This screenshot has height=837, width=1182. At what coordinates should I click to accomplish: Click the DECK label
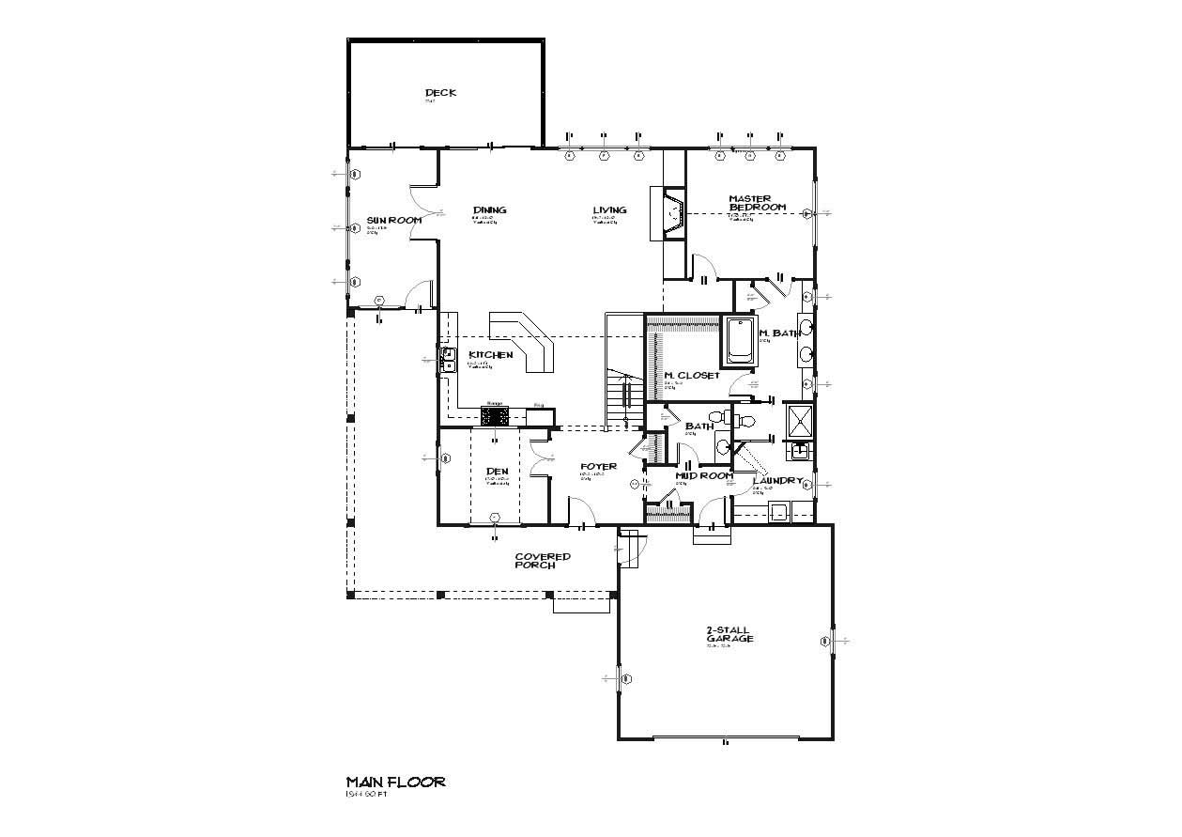[x=440, y=92]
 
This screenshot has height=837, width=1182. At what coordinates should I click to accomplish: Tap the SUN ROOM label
[x=393, y=220]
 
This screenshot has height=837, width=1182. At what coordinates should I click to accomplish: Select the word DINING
[x=490, y=209]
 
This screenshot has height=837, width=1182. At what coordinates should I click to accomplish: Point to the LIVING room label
[x=609, y=209]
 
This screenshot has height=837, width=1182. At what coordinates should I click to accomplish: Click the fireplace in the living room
[x=673, y=216]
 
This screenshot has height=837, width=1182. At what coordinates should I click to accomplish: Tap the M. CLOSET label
[x=692, y=375]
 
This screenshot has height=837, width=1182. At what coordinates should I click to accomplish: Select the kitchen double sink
[x=447, y=361]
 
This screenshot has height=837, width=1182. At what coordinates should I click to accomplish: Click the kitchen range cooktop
[x=495, y=415]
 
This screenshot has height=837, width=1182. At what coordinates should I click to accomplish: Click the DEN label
[x=497, y=471]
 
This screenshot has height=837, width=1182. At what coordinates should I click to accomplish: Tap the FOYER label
[x=598, y=466]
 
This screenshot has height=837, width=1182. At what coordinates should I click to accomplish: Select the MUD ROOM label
[x=703, y=475]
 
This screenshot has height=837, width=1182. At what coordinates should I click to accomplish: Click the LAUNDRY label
[x=778, y=480]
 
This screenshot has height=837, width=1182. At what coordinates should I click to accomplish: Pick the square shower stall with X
[x=799, y=421]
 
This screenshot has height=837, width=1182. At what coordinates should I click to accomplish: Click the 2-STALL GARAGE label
[x=729, y=634]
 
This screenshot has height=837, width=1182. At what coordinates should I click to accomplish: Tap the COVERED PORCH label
[x=542, y=561]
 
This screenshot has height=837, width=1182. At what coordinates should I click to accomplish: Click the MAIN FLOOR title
[x=395, y=782]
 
